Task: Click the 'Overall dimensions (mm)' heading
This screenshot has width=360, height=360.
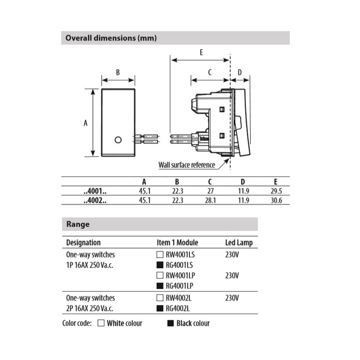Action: click(111, 38)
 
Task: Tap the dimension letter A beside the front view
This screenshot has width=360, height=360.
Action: click(86, 123)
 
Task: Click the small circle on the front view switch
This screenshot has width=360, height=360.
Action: click(118, 140)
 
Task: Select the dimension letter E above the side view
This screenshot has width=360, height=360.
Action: click(201, 53)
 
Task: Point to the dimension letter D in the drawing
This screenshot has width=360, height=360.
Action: click(240, 72)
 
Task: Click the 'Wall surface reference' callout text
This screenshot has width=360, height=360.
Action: click(186, 165)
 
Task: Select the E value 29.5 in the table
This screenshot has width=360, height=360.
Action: click(276, 191)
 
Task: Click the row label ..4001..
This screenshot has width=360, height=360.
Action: click(95, 191)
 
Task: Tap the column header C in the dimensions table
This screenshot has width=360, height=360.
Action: click(210, 182)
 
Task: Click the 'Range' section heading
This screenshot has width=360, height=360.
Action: click(78, 224)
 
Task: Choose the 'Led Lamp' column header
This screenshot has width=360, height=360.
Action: click(239, 243)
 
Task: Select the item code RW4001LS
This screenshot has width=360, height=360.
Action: click(180, 255)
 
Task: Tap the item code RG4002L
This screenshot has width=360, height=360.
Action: click(178, 308)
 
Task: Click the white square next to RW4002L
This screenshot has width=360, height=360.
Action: click(160, 298)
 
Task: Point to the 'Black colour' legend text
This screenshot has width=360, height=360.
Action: click(193, 323)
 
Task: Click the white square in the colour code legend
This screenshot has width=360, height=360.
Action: click(101, 323)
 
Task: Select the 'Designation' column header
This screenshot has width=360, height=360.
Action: click(83, 243)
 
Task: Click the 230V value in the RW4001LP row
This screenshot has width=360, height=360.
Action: click(232, 276)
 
